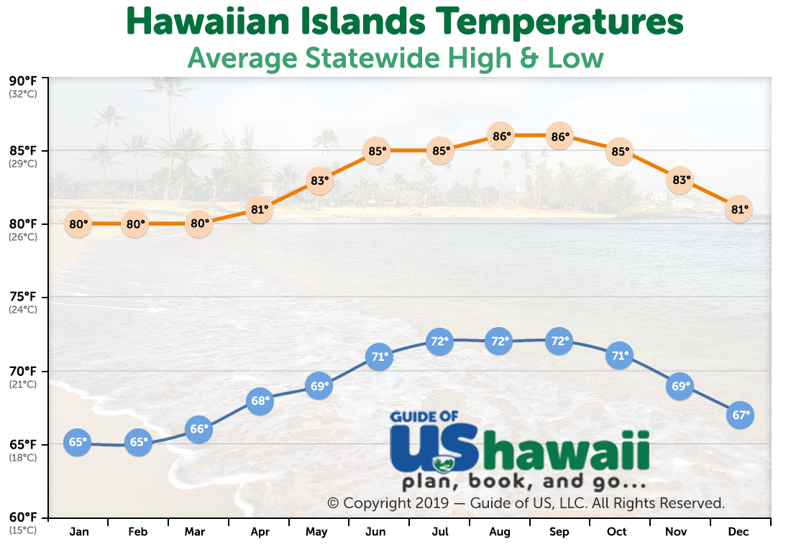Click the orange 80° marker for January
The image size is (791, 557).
pos(78,224)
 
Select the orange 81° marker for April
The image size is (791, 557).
pos(260,209)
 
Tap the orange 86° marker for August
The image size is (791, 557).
pos(501,136)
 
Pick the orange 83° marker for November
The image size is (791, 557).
pos(680,180)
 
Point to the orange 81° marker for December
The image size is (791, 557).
pos(739,209)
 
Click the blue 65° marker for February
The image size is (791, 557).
pos(138,442)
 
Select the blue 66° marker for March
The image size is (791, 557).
pos(198,429)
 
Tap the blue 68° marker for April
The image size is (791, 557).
pos(260,401)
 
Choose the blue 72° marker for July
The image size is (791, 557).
pos(439,341)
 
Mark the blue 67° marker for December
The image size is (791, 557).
pos(740,415)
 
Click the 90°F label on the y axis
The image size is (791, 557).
pos(23,81)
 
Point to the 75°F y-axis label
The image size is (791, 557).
pos(23,297)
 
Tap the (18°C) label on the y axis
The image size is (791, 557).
pos(23,458)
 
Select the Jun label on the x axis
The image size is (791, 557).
pos(375,532)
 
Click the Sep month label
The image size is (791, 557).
pos(559,532)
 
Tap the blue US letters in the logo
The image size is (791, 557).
pos(434,448)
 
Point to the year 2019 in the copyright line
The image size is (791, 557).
pos(432,503)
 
